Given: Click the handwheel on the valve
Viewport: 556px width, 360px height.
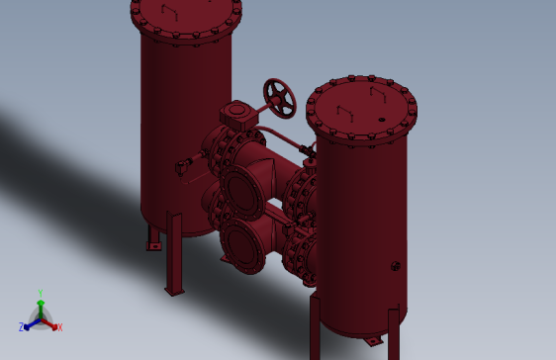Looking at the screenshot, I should (x=280, y=97).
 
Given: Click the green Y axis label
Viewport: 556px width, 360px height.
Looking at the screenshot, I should (x=41, y=293).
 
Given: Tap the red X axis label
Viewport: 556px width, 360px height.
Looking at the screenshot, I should (x=59, y=326).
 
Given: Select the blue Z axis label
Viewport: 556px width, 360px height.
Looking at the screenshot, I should (x=21, y=326).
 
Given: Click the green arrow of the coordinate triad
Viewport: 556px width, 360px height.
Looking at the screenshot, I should (x=41, y=306).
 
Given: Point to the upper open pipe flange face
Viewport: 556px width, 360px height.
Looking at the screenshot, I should (x=241, y=191).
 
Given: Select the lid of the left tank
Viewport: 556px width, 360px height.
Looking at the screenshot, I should (x=186, y=14).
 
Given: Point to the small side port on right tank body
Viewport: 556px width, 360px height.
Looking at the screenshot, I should (x=395, y=265).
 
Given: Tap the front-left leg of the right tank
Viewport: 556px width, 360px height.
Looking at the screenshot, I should (x=316, y=326).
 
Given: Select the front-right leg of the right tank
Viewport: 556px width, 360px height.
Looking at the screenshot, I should (x=394, y=334).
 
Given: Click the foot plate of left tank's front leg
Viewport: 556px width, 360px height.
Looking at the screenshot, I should (x=174, y=292).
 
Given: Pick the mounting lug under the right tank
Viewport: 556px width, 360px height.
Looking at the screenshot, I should (x=372, y=341).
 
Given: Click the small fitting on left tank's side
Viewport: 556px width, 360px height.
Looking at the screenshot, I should (x=182, y=168).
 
